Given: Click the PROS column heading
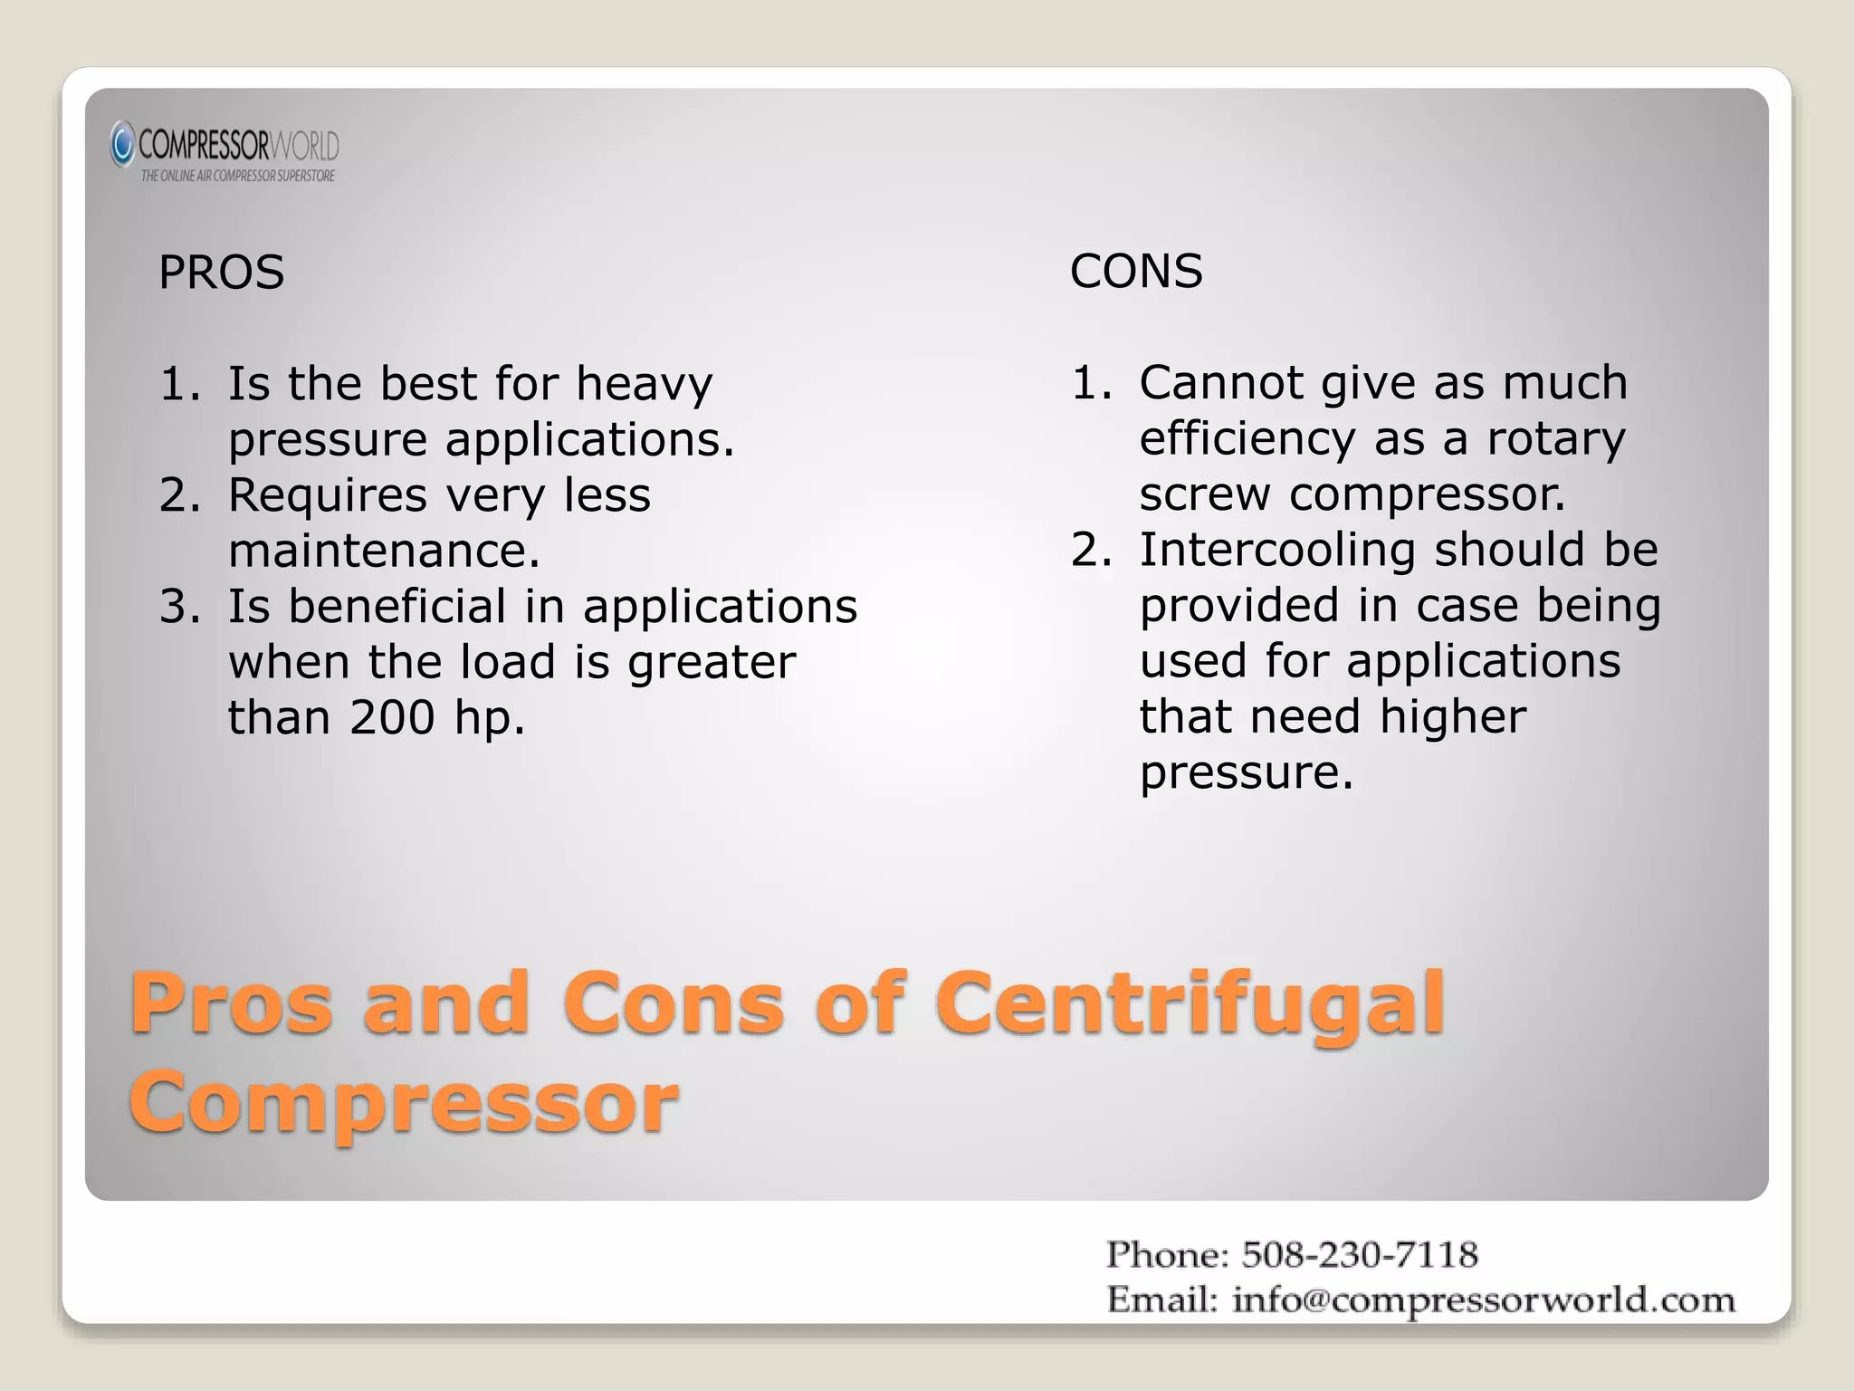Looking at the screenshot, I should (x=221, y=273).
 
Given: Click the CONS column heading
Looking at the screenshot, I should (x=1136, y=271).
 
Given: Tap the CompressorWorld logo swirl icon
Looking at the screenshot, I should (x=122, y=145).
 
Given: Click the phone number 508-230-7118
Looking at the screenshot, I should (x=1359, y=1255).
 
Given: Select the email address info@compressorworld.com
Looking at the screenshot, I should (x=1484, y=1300).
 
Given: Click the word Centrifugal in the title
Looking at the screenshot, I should (x=1190, y=1003).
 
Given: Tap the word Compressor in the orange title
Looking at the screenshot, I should (x=404, y=1102).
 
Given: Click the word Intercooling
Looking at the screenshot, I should (x=1276, y=550).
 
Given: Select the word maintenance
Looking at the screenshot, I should (x=384, y=551).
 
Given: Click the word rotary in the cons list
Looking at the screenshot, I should (x=1556, y=439).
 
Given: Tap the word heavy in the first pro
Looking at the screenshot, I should (x=645, y=384).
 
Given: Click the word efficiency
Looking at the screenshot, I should (x=1247, y=439).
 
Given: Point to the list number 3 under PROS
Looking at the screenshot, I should (x=177, y=607).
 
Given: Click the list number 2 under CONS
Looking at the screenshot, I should (x=1089, y=551).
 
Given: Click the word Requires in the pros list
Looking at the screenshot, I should (x=327, y=495).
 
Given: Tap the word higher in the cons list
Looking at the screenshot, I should (x=1453, y=716).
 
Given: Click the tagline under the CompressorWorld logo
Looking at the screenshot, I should (x=237, y=176).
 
